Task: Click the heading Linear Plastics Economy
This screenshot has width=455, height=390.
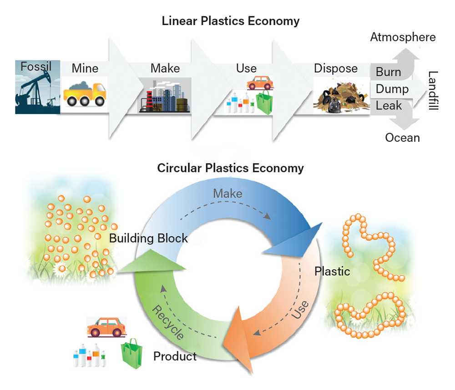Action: (x=231, y=21)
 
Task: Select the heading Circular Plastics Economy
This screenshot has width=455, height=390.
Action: (x=230, y=168)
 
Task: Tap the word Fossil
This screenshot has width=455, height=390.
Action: (x=36, y=67)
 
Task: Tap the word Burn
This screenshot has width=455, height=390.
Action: (x=388, y=72)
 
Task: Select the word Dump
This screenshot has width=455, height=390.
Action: (x=392, y=89)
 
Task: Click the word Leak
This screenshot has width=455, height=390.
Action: (x=389, y=106)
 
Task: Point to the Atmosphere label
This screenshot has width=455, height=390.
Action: (x=403, y=37)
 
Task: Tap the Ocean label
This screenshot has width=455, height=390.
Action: (x=402, y=137)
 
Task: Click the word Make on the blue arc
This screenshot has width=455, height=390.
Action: (x=227, y=194)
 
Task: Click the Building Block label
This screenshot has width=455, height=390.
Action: (x=148, y=238)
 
